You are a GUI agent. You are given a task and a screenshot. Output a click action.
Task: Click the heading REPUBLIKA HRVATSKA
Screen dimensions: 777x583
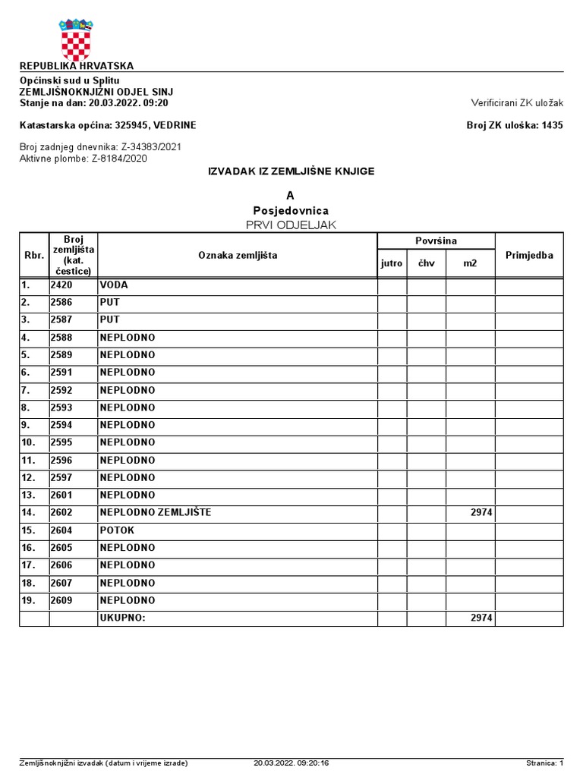76,66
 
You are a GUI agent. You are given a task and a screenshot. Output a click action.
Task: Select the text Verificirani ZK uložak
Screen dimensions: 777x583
516,102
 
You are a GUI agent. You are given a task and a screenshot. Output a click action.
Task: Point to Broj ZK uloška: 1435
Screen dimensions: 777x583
514,125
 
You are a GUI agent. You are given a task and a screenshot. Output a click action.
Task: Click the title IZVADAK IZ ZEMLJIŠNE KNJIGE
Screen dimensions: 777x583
291,171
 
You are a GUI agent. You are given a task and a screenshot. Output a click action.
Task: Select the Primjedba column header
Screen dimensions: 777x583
529,256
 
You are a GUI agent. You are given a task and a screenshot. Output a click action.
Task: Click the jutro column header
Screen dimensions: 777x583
392,264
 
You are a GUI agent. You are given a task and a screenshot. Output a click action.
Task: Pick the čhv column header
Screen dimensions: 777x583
426,264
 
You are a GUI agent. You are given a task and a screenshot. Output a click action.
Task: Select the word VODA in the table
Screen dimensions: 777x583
113,285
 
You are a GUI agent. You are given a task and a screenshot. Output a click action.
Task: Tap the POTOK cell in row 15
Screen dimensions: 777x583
116,530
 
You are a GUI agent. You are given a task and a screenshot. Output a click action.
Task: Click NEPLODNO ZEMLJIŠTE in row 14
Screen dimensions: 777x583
155,513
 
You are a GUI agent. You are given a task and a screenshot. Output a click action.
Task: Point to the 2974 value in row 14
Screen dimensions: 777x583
481,513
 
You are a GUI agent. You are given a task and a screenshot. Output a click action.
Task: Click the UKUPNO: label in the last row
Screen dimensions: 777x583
121,618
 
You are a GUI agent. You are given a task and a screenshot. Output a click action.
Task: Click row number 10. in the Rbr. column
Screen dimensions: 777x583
29,442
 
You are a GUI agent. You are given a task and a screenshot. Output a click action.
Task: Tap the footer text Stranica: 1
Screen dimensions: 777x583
544,763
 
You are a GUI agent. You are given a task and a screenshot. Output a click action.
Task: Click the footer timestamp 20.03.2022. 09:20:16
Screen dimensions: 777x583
291,763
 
